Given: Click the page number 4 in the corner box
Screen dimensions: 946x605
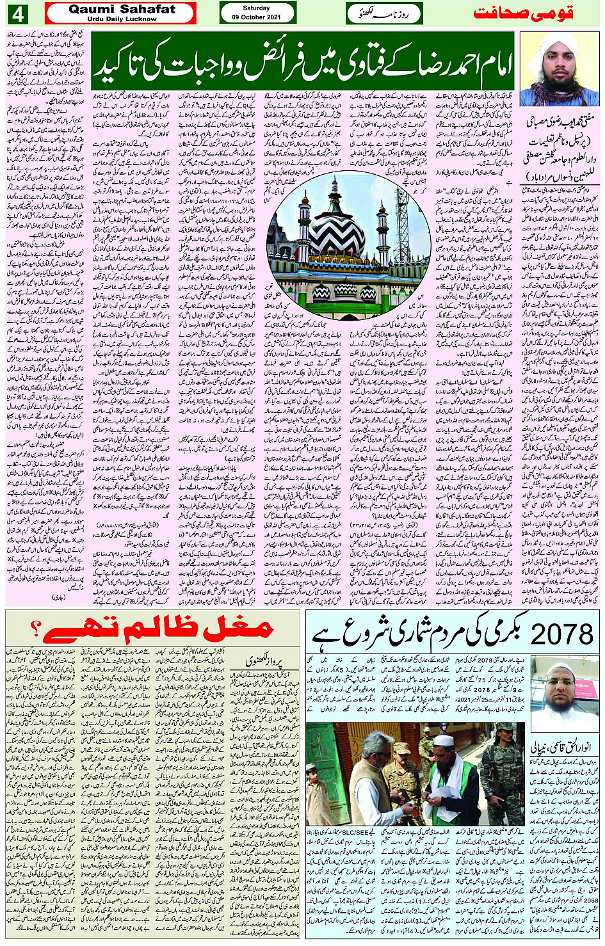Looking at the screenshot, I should click(17, 13).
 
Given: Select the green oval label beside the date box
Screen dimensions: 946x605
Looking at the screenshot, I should click(384, 13).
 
